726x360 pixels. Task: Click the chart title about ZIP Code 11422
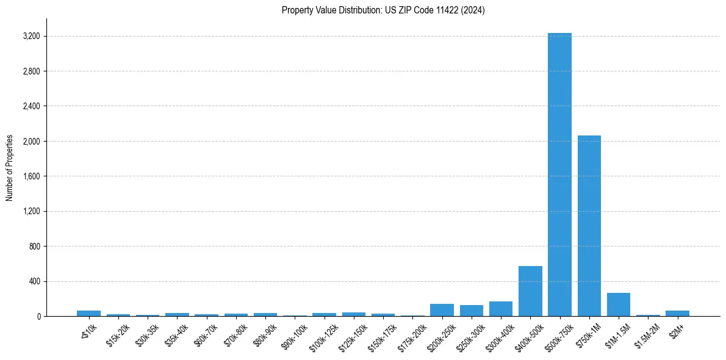(x=383, y=10)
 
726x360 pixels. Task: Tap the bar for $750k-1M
(x=589, y=226)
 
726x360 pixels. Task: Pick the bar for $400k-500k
(x=530, y=291)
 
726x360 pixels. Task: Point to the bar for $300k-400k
(x=501, y=309)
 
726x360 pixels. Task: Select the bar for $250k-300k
(x=472, y=311)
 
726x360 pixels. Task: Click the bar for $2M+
(x=677, y=313)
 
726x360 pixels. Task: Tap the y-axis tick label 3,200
(x=31, y=37)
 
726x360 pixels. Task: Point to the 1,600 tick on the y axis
(x=31, y=176)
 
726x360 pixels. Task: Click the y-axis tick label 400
(x=34, y=281)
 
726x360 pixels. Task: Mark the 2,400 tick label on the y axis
(x=31, y=106)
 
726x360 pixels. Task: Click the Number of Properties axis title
(x=10, y=168)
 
